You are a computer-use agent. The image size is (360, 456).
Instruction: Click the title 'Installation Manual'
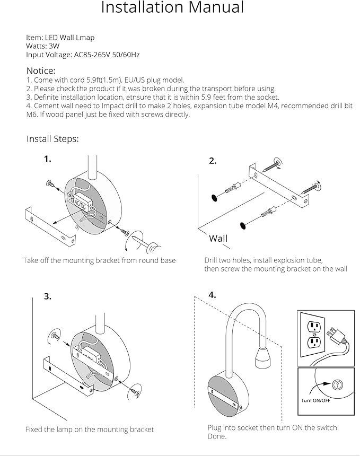click(x=172, y=8)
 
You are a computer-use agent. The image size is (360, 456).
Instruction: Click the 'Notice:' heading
click(x=41, y=71)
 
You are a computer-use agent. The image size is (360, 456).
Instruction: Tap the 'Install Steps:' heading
click(x=52, y=139)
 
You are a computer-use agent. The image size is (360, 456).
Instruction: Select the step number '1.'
click(x=48, y=159)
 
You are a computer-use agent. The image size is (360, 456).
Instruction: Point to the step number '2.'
click(x=212, y=161)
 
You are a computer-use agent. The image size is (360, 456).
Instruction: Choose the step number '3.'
click(x=48, y=296)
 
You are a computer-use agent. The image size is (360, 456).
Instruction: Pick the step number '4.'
click(x=212, y=295)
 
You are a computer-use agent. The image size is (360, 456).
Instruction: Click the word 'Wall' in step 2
click(x=218, y=238)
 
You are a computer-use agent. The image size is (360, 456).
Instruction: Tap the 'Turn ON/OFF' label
click(x=317, y=400)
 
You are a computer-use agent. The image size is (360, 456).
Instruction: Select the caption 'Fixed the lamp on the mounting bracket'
click(x=90, y=429)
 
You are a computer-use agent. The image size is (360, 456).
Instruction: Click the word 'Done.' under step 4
click(x=217, y=436)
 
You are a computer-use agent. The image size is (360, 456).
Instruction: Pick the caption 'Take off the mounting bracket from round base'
click(x=99, y=260)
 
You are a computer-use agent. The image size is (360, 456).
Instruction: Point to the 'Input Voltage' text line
click(x=83, y=55)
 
